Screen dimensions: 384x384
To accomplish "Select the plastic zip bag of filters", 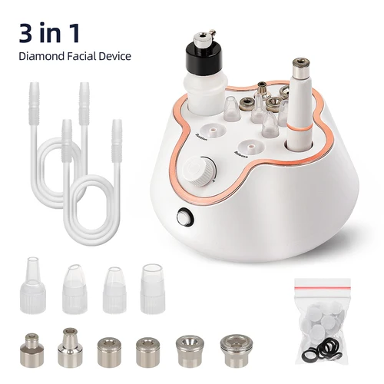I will pyautogui.click(x=326, y=316).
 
